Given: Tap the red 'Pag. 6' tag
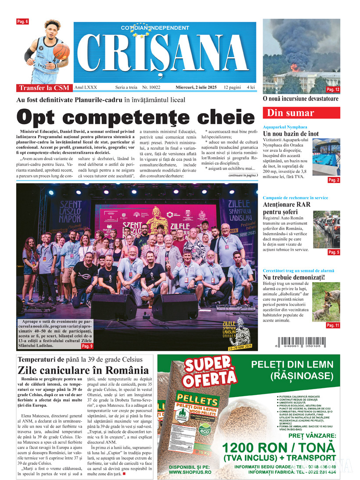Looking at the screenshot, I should click(x=22, y=21).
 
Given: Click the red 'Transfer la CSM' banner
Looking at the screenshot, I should click(x=44, y=87).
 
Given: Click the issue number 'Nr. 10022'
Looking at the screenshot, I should click(x=151, y=87).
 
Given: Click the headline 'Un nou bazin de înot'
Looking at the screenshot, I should click(x=291, y=133).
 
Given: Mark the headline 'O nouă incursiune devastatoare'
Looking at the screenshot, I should click(x=301, y=99).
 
